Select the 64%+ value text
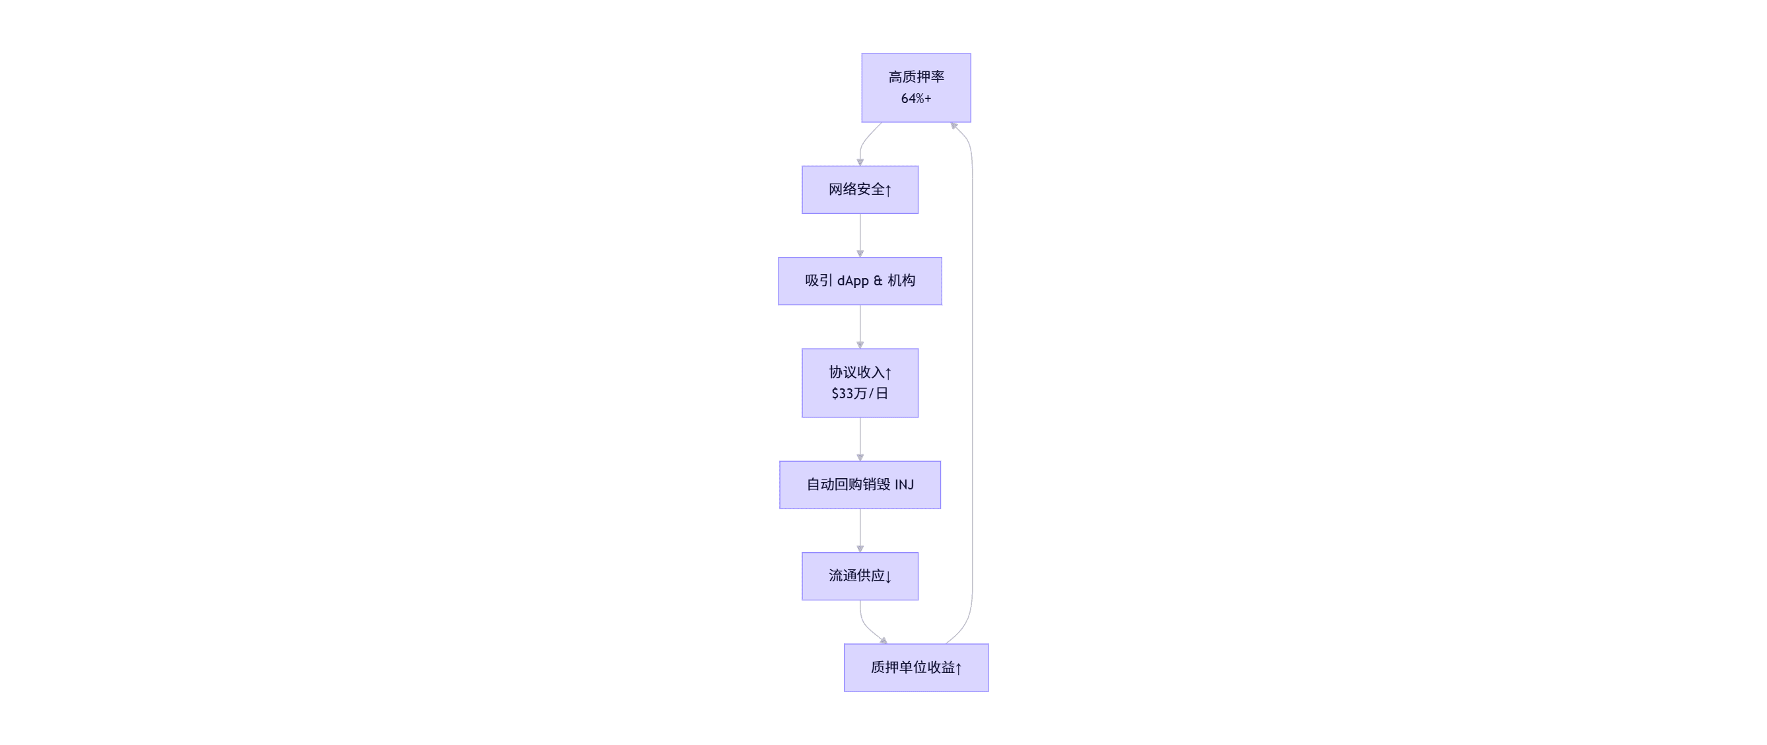[x=916, y=99]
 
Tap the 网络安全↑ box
[x=860, y=190]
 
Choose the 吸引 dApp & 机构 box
[x=860, y=281]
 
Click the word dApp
[x=852, y=281]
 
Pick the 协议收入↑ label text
[x=860, y=373]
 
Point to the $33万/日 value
[x=860, y=393]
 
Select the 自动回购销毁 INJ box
[x=860, y=484]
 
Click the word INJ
[x=904, y=484]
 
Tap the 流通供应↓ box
[x=860, y=575]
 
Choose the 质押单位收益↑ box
[x=916, y=667]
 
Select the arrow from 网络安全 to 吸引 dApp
[x=860, y=235]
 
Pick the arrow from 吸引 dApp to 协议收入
[x=860, y=326]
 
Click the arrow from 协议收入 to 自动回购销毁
[x=860, y=439]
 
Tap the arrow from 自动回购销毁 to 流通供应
[x=860, y=530]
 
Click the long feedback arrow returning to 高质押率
[x=972, y=384]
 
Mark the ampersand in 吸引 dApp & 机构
[x=878, y=281]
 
